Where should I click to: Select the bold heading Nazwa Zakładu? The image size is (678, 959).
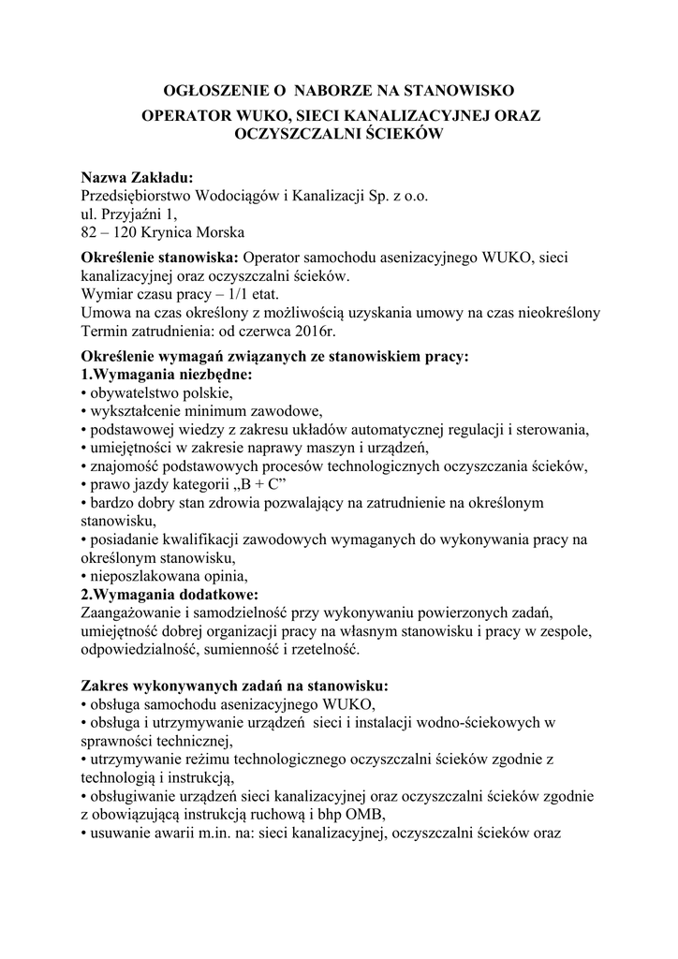point(137,178)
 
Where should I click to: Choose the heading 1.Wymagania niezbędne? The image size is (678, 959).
point(167,374)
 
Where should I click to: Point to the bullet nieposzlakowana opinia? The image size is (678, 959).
point(168,575)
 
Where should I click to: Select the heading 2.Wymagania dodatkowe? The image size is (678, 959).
point(169,594)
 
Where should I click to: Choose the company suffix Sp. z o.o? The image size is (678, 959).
point(396,197)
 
